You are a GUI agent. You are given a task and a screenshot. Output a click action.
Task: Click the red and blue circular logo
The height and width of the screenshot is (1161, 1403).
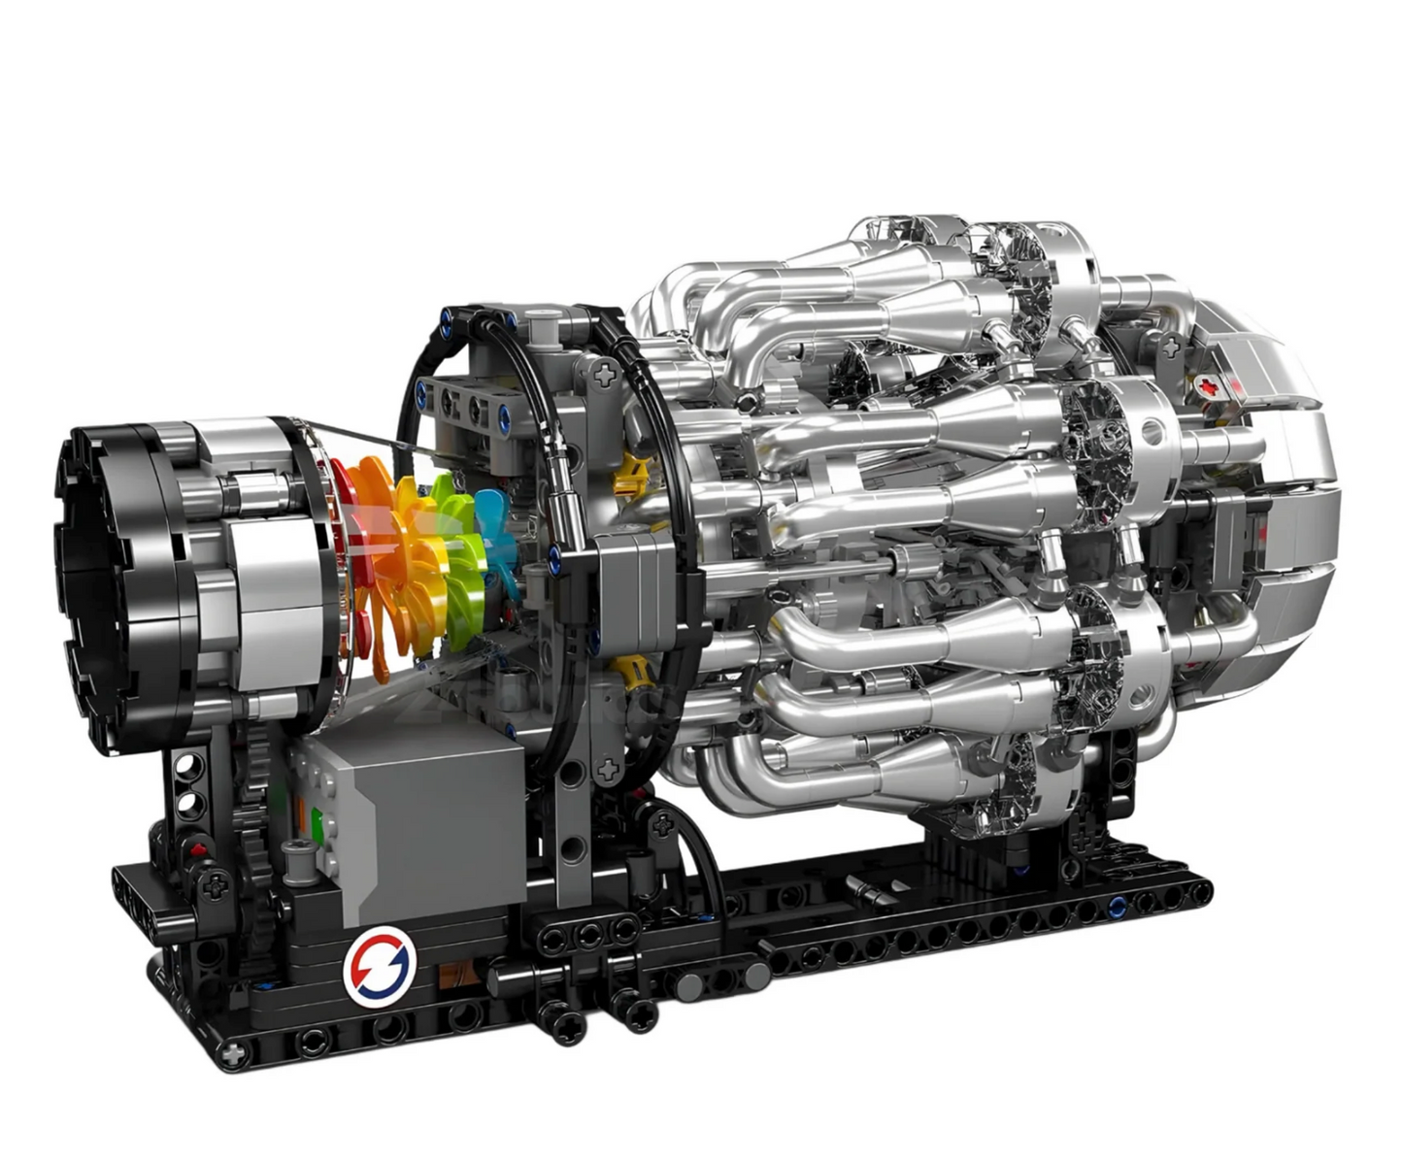pyautogui.click(x=380, y=964)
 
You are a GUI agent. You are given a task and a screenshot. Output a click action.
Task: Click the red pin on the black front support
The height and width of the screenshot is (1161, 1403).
pyautogui.click(x=200, y=850)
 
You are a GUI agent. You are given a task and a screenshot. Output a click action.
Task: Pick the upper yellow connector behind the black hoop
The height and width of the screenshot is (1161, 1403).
pyautogui.click(x=633, y=471)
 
